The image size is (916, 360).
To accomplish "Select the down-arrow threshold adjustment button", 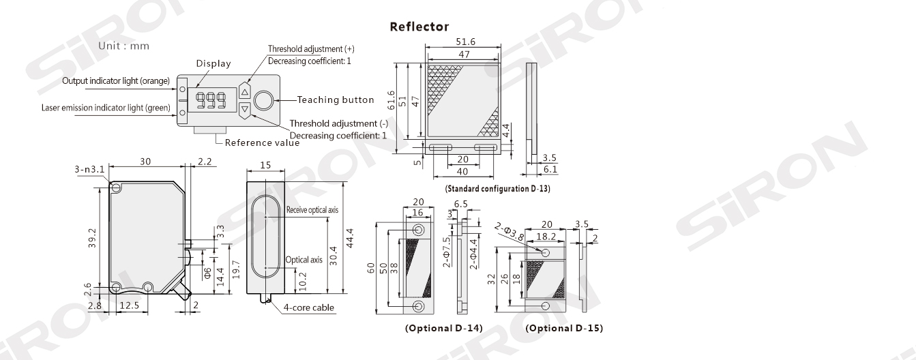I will click(x=246, y=108).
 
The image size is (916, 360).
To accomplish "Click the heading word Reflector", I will click(x=419, y=27).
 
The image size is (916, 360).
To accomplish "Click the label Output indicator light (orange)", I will click(x=116, y=82).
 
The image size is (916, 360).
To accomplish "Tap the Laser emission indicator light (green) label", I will click(x=106, y=108).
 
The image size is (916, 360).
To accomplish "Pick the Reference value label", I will click(x=262, y=142).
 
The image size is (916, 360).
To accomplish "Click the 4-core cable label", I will click(x=309, y=307).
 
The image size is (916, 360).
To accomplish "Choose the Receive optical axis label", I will click(x=312, y=209).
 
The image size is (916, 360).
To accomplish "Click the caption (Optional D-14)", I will click(x=444, y=328).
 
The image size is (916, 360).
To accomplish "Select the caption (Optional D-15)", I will click(x=564, y=328).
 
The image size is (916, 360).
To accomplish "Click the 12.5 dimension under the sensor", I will click(x=128, y=305).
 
